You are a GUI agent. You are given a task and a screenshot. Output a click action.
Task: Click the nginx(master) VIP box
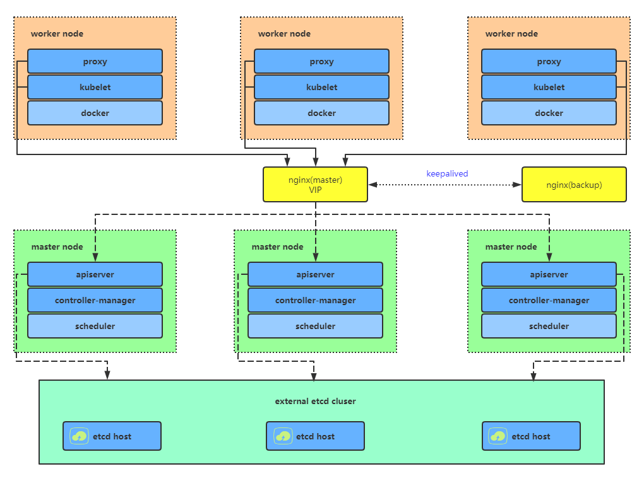[x=315, y=184]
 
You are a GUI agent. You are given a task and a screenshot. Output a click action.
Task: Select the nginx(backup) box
[x=573, y=184]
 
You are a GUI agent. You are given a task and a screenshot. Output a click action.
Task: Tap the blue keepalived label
[x=447, y=173]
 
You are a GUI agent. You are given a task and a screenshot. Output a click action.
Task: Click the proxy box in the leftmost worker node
[x=95, y=61]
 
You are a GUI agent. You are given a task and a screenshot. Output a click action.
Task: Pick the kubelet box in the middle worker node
[x=321, y=87]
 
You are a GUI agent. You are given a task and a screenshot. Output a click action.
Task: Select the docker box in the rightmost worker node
[x=549, y=113]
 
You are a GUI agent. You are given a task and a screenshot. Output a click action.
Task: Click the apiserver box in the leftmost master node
[x=95, y=274]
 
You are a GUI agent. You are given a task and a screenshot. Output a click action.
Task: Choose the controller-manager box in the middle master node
[x=315, y=300]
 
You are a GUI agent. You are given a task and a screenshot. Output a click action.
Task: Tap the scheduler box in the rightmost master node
[x=549, y=326]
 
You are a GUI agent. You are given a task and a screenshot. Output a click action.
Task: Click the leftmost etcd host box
[x=112, y=436]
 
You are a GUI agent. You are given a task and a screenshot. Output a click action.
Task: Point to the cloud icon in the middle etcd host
[x=283, y=436]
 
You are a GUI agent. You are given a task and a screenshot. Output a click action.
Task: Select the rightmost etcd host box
[x=530, y=436]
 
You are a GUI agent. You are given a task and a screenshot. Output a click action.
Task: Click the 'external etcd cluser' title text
[x=315, y=401]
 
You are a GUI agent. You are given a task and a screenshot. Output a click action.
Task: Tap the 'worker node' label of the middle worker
[x=284, y=33]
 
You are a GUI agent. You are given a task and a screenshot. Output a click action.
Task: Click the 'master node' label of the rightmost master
[x=511, y=246]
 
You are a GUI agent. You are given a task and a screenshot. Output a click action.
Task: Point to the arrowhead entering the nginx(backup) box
[x=518, y=185]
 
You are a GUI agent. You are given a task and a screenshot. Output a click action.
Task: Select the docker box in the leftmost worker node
[x=95, y=113]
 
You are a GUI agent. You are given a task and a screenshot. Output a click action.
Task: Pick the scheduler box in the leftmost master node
[x=95, y=326]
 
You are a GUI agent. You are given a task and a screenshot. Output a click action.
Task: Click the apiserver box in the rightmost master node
[x=549, y=274]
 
